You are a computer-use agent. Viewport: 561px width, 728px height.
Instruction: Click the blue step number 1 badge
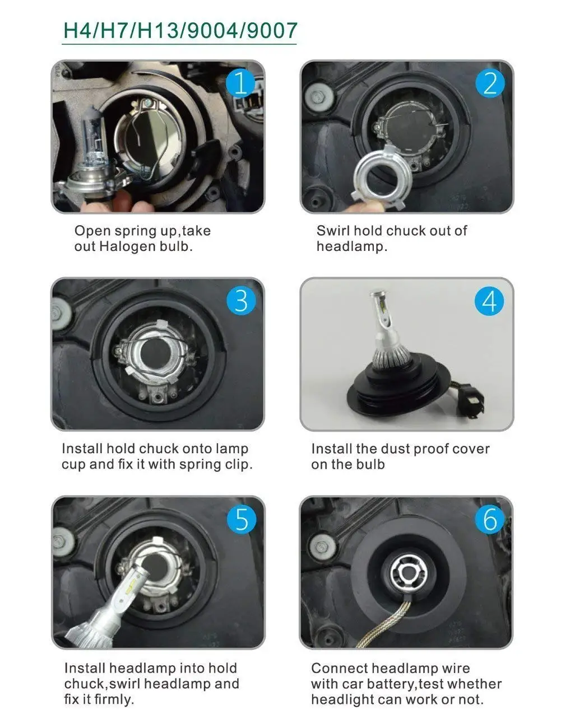point(240,83)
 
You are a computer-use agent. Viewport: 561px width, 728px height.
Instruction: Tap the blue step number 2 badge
point(490,83)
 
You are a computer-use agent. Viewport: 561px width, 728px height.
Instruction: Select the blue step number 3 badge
point(241,301)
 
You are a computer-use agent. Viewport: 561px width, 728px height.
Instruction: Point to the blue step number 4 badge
point(489,301)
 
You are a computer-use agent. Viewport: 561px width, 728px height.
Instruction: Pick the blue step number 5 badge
point(242,519)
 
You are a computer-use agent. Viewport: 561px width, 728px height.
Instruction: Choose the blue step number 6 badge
point(490,519)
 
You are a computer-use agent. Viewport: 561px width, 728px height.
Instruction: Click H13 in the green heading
point(157,30)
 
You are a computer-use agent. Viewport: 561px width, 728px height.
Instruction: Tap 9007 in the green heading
point(272,30)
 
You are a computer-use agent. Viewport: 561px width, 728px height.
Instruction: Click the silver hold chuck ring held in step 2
point(381,174)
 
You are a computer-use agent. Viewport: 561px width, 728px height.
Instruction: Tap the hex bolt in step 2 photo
point(318,97)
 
